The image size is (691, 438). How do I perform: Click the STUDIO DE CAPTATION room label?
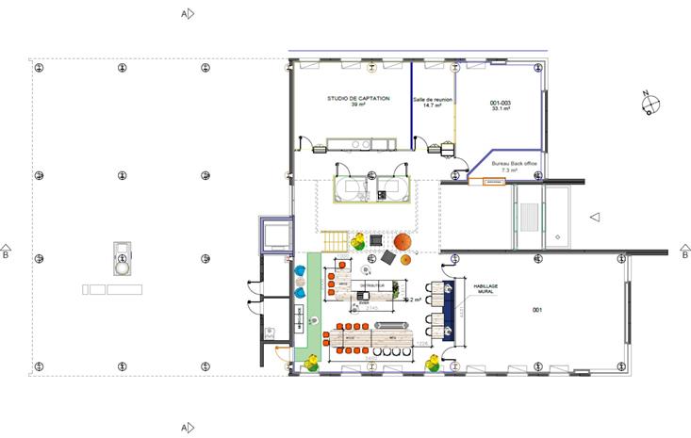click(x=357, y=98)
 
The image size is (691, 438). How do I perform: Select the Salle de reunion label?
click(x=434, y=99)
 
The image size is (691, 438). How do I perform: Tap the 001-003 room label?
click(x=500, y=103)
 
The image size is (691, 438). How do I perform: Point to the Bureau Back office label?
click(x=509, y=164)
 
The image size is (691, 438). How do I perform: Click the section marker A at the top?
click(x=188, y=14)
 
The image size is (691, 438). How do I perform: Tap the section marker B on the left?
click(x=7, y=251)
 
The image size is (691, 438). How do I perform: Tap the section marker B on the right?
click(x=684, y=251)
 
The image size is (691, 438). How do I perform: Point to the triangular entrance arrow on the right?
click(x=594, y=218)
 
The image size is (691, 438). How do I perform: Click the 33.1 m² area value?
click(x=500, y=109)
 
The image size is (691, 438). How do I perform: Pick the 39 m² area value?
click(x=357, y=105)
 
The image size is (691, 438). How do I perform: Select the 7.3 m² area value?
click(x=509, y=170)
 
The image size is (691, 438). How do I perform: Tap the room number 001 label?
click(x=538, y=310)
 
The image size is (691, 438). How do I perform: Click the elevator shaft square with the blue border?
click(x=275, y=234)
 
